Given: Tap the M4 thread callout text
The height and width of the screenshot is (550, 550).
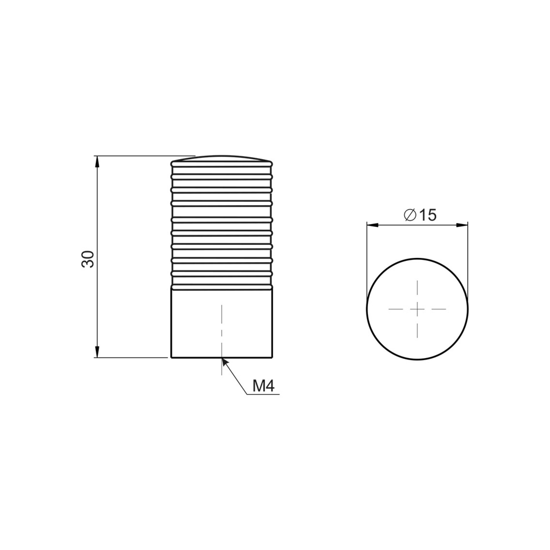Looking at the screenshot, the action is pos(263,386).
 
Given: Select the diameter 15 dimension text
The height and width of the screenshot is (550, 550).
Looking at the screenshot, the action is pos(420,215).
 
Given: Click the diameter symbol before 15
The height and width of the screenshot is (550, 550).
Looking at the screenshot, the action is pos(410,215).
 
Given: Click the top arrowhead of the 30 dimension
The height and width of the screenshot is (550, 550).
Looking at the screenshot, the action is pos(98,162).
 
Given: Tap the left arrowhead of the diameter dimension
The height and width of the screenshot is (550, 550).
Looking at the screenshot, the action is pos(372,225).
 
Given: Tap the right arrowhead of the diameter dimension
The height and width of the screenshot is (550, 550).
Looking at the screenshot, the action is pos(462,225).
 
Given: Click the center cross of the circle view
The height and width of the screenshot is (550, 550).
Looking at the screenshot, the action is pos(417,309).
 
